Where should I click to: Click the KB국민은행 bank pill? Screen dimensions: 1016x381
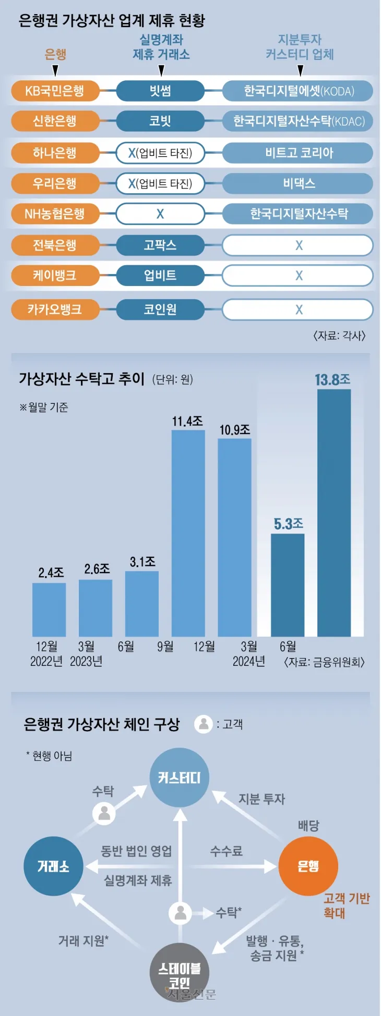click(55, 91)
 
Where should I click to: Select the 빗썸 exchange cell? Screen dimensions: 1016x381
click(160, 91)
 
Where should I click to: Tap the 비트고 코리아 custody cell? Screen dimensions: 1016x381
click(298, 153)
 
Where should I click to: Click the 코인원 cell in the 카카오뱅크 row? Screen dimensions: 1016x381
click(160, 309)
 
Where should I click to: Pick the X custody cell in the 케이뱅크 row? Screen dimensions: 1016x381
click(298, 276)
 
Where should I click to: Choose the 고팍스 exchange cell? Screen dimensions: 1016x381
click(160, 245)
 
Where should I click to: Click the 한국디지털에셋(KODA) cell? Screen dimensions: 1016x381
click(298, 91)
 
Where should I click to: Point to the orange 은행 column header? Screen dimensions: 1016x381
click(55, 54)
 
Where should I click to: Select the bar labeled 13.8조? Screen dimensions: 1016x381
click(334, 513)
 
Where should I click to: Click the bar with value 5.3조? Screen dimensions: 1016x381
click(288, 585)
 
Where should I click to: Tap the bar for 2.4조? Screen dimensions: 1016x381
click(49, 610)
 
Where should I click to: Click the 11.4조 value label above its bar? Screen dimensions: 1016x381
click(187, 421)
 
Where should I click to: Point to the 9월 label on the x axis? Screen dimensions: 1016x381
click(165, 647)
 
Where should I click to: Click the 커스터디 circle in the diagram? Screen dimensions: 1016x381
click(180, 778)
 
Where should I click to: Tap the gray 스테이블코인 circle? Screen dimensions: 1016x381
click(180, 972)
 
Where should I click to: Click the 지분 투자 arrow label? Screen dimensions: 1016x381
click(261, 799)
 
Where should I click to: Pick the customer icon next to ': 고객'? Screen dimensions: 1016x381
click(204, 724)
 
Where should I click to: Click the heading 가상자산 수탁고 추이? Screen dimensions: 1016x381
click(81, 379)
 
